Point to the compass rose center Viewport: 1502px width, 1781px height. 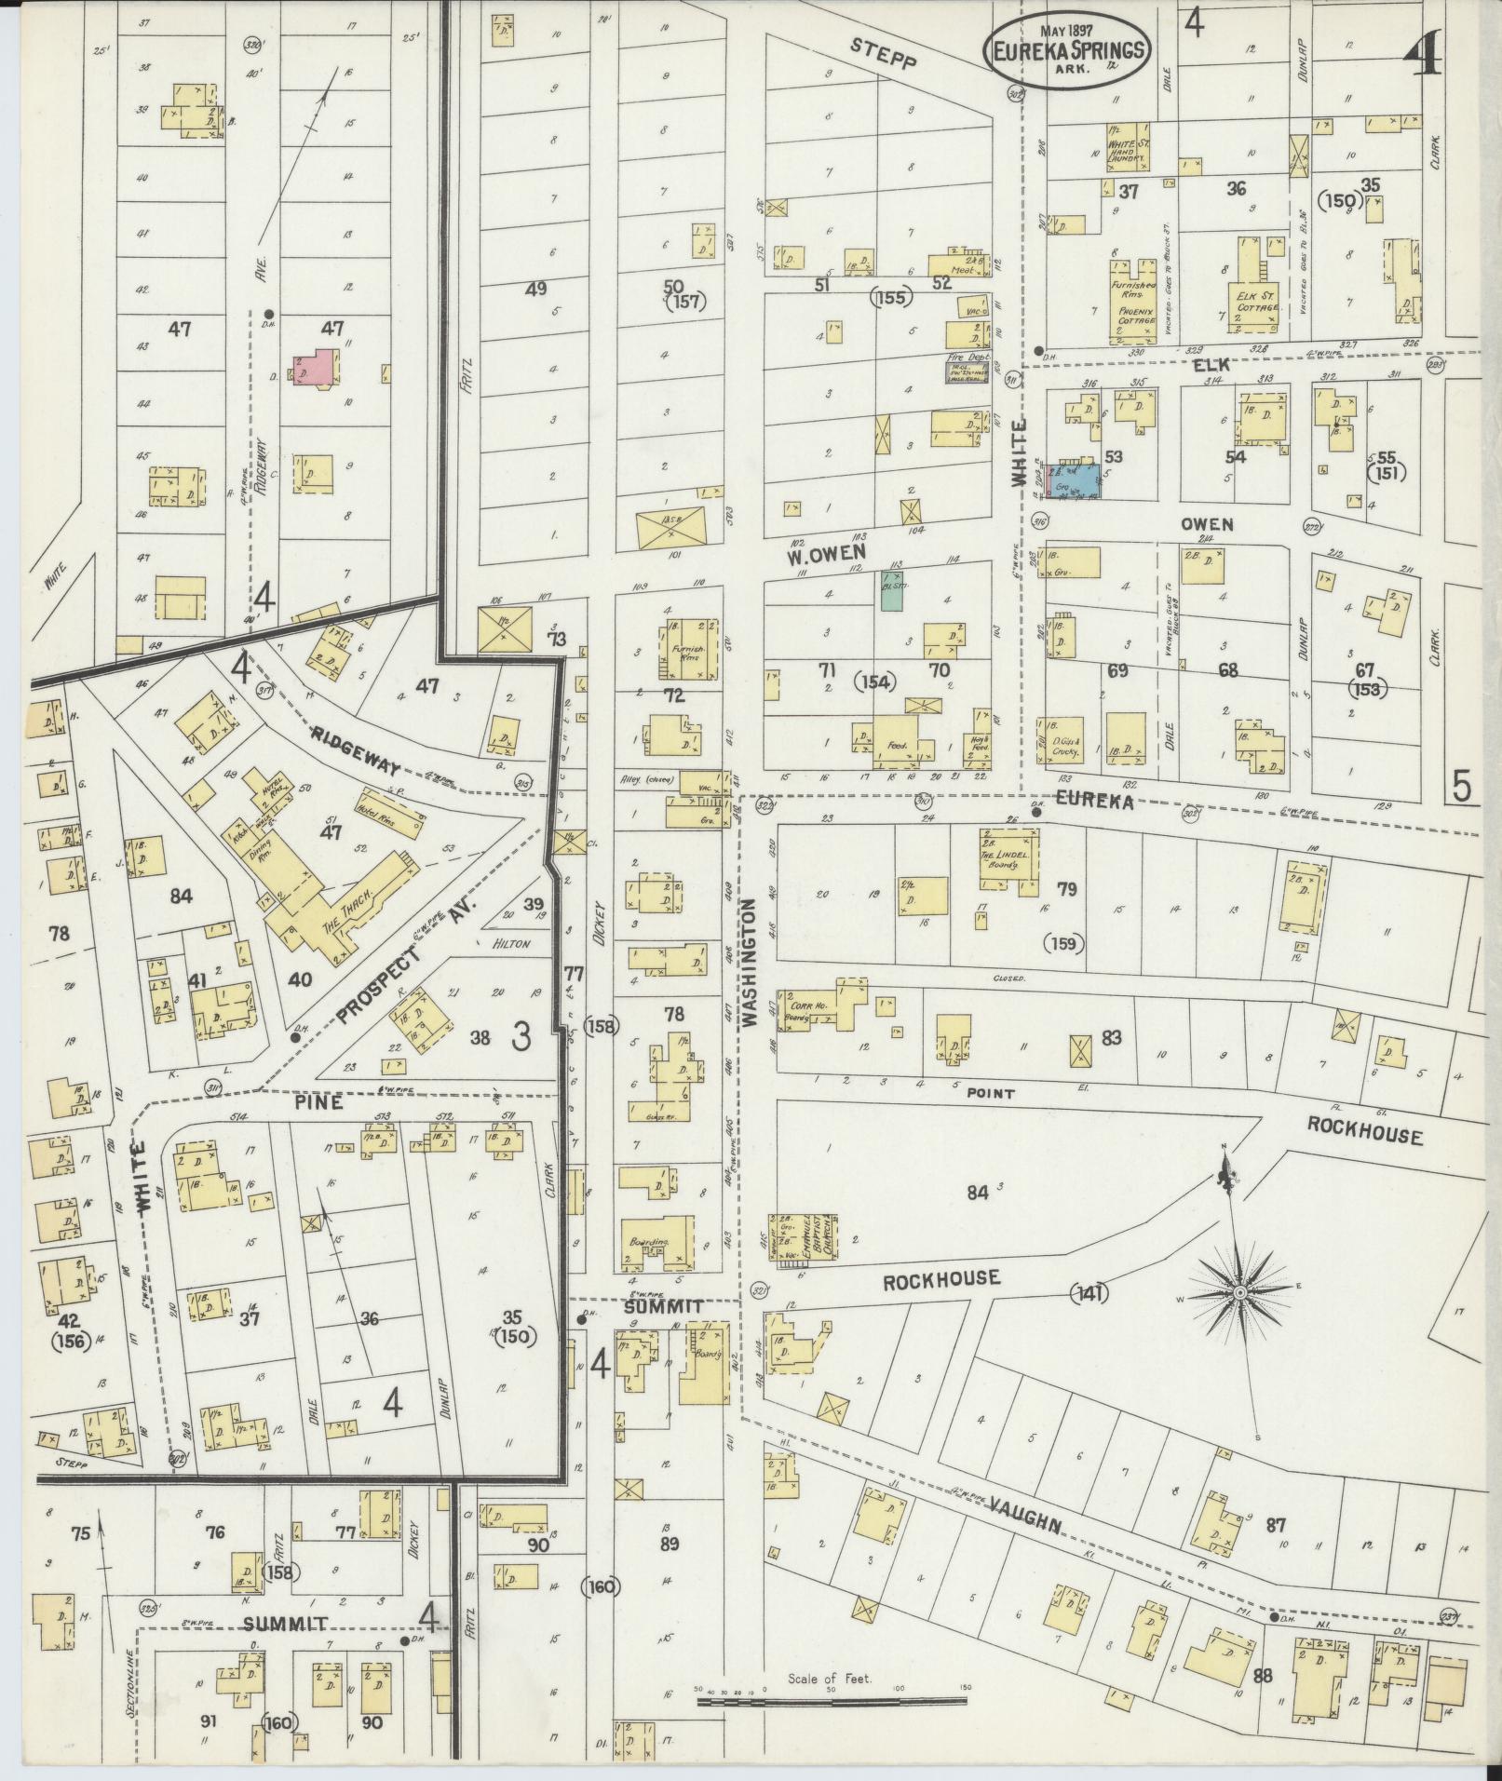pos(1241,1294)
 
